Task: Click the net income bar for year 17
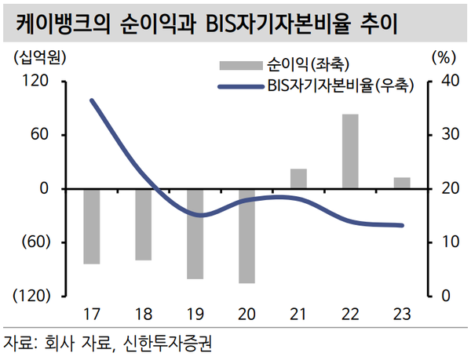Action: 92,226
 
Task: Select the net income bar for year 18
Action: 144,224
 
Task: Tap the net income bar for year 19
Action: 195,234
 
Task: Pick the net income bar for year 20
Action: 246,235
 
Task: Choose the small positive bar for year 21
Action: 298,179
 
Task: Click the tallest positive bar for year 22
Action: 350,151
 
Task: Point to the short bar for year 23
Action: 402,183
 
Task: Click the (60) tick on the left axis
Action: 35,242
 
